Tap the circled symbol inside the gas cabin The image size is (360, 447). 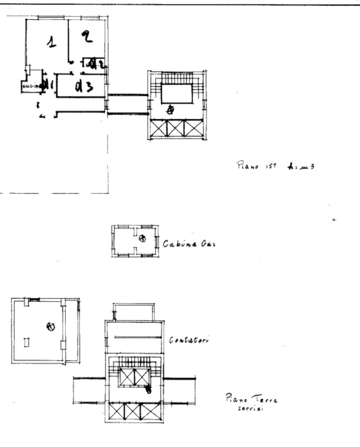[142, 238]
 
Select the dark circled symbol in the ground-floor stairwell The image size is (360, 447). [148, 389]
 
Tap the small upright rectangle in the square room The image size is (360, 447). [26, 342]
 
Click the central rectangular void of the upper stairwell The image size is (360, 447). [178, 94]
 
